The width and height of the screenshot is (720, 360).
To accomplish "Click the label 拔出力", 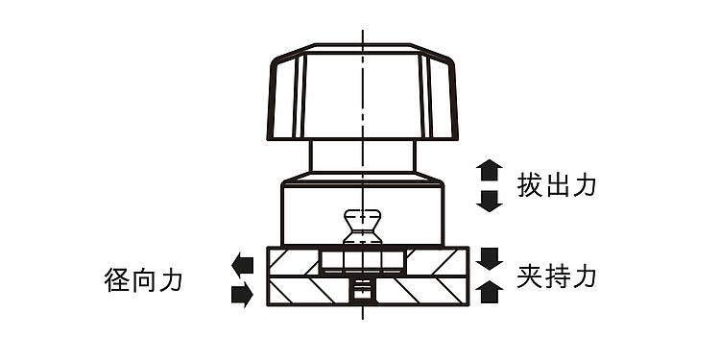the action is [557, 185].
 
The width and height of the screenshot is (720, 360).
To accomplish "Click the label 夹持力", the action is [557, 276].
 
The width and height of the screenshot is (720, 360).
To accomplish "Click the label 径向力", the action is [143, 280].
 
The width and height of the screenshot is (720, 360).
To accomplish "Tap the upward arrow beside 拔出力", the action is [489, 170].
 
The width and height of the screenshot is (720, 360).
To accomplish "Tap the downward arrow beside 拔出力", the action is [489, 202].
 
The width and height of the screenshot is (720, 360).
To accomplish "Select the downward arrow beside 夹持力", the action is [489, 258].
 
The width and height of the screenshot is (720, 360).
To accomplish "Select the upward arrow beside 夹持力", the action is [489, 292].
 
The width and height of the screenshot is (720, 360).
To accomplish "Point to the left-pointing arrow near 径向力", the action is [243, 265].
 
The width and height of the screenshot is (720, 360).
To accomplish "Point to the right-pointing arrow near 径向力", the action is [243, 295].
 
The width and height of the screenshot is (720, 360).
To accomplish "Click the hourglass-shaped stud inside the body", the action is [363, 227].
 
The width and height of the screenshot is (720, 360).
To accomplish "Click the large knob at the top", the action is [363, 92].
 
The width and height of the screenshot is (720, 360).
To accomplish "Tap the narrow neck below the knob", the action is [363, 156].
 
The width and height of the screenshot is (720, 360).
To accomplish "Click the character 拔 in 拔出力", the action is [530, 185].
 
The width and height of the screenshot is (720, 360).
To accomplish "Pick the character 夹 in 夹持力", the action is [530, 276].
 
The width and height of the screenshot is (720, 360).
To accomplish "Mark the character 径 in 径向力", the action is [117, 280].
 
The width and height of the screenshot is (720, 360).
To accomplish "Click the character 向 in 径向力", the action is [144, 280].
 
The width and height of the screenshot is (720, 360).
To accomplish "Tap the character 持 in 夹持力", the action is [557, 276].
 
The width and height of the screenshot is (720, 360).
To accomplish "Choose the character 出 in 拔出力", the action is [557, 185].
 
